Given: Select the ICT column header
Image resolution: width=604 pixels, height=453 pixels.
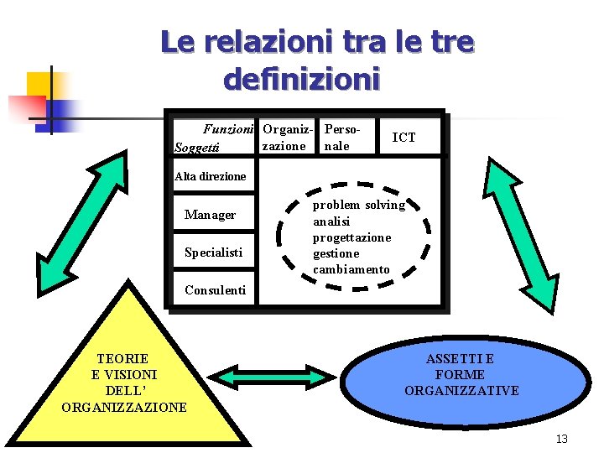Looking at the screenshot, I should (404, 138).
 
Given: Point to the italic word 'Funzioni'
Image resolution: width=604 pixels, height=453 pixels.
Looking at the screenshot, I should (228, 130).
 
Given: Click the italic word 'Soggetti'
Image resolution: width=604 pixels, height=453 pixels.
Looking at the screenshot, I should (196, 148).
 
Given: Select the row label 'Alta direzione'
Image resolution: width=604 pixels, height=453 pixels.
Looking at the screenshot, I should (210, 176).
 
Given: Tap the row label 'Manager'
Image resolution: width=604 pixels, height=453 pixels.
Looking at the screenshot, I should (210, 215).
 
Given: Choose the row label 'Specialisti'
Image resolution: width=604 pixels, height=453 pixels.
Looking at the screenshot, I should (213, 253).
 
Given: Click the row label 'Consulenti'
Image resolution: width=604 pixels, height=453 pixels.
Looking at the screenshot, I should (215, 290).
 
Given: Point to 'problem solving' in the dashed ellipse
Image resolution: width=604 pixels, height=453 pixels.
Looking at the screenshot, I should (358, 205).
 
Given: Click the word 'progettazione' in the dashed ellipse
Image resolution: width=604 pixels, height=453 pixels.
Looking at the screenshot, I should (351, 237).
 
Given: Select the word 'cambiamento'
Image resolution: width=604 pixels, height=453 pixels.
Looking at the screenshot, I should (351, 269).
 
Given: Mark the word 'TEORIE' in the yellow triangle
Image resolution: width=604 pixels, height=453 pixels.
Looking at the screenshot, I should (122, 359).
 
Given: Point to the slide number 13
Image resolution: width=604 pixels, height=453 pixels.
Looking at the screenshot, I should (561, 439).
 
